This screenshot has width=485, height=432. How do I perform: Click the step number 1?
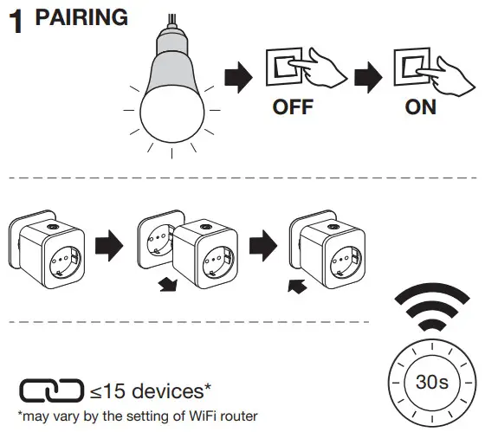pos(16,23)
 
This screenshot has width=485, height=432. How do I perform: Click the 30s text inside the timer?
pos(426,383)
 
